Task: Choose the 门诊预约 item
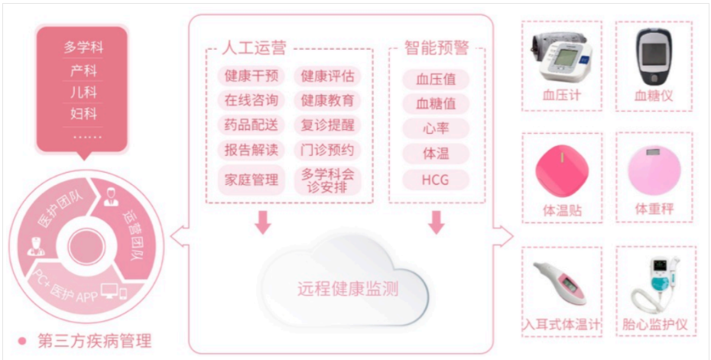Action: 327,150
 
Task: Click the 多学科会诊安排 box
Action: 327,180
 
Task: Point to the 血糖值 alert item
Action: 436,103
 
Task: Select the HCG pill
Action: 436,180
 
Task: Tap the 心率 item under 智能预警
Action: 436,128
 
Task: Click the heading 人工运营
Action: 254,48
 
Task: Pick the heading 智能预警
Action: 437,48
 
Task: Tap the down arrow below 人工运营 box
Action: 263,221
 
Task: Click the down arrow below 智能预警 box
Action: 437,221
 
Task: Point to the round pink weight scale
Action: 654,170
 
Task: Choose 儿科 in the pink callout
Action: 83,92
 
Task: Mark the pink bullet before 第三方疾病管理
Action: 22,341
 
